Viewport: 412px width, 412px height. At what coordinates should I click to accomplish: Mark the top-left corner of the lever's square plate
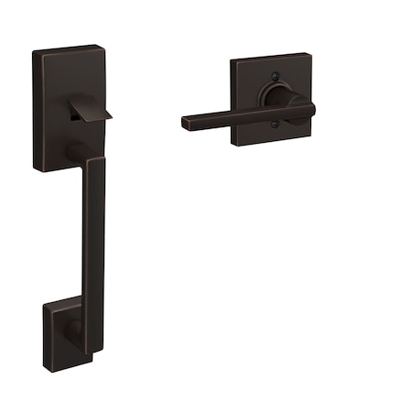232,61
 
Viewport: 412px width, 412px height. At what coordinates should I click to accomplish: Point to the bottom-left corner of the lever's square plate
233,146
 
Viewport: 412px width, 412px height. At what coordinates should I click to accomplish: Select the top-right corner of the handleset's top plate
98,46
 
